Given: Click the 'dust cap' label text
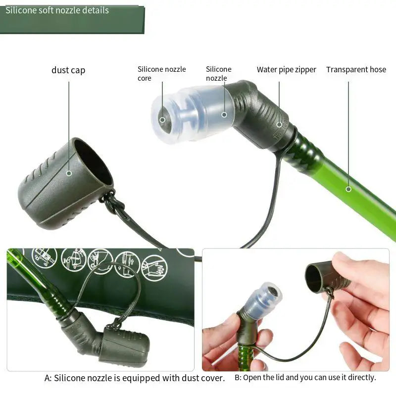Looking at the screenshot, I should pos(68,70).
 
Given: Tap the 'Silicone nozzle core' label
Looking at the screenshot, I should pos(161,73).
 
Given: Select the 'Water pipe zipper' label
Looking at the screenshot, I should pos(286,70).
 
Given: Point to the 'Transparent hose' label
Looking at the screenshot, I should pos(356,70).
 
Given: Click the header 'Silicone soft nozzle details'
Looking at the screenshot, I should pos(57,10).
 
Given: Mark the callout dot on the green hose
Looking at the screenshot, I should pos(348,189).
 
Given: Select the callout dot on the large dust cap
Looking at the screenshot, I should pos(69,173).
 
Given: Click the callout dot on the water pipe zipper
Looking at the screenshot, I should pos(279,124).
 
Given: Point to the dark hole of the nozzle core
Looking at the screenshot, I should pos(162,120).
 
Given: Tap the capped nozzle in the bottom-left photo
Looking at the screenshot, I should pos(124,346).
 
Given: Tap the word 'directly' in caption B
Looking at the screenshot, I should pos(361,377).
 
